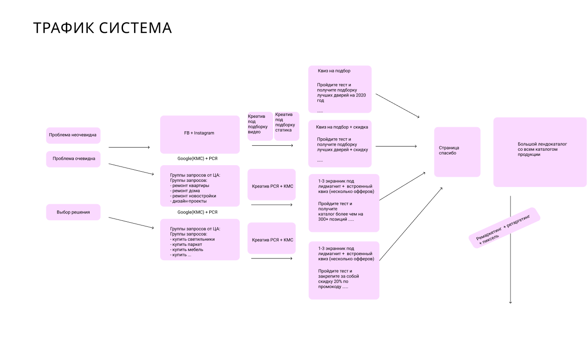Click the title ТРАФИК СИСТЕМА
[x=103, y=28]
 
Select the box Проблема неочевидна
[x=73, y=135]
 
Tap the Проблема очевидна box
[x=73, y=159]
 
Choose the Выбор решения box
[x=73, y=212]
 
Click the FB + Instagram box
[x=200, y=134]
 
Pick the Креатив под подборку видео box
[x=260, y=125]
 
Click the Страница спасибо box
[x=457, y=152]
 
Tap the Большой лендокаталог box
[x=540, y=151]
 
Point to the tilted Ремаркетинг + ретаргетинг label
[x=505, y=228]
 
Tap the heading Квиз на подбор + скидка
[x=342, y=127]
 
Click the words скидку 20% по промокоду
[x=333, y=284]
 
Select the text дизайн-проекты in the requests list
[x=189, y=201]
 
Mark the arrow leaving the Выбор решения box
[x=131, y=223]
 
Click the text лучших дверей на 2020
[x=341, y=95]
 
